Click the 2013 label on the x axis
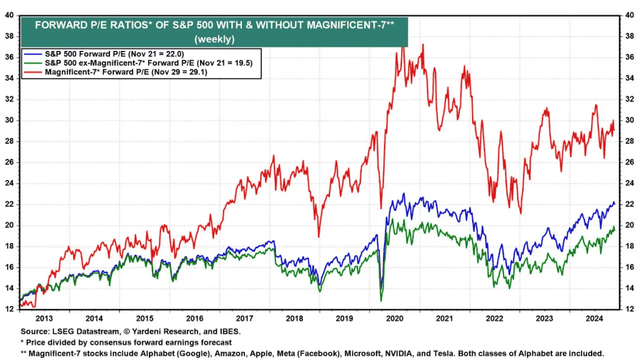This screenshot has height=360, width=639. pyautogui.click(x=44, y=319)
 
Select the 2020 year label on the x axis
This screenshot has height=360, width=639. pyautogui.click(x=394, y=319)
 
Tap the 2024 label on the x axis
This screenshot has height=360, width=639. pyautogui.click(x=594, y=319)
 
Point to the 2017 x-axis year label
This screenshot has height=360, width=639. pyautogui.click(x=244, y=319)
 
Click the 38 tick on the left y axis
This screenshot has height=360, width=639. pyautogui.click(x=9, y=36)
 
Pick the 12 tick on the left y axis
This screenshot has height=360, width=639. pyautogui.click(x=9, y=309)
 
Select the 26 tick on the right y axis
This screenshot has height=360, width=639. pyautogui.click(x=630, y=162)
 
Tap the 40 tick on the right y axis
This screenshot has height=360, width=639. pyautogui.click(x=630, y=15)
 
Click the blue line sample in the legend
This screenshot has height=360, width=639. pyautogui.click(x=33, y=54)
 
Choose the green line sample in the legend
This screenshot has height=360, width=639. pyautogui.click(x=33, y=63)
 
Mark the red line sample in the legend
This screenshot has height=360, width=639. pyautogui.click(x=33, y=72)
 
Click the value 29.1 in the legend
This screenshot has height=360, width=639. pyautogui.click(x=198, y=72)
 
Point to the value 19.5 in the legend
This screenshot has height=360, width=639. pyautogui.click(x=243, y=63)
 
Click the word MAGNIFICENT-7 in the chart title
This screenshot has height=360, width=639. pyautogui.click(x=346, y=25)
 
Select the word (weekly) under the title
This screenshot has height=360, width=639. pyautogui.click(x=214, y=39)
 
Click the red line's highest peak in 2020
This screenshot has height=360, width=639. pyautogui.click(x=403, y=45)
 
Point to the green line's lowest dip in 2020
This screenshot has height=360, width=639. pyautogui.click(x=382, y=301)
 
